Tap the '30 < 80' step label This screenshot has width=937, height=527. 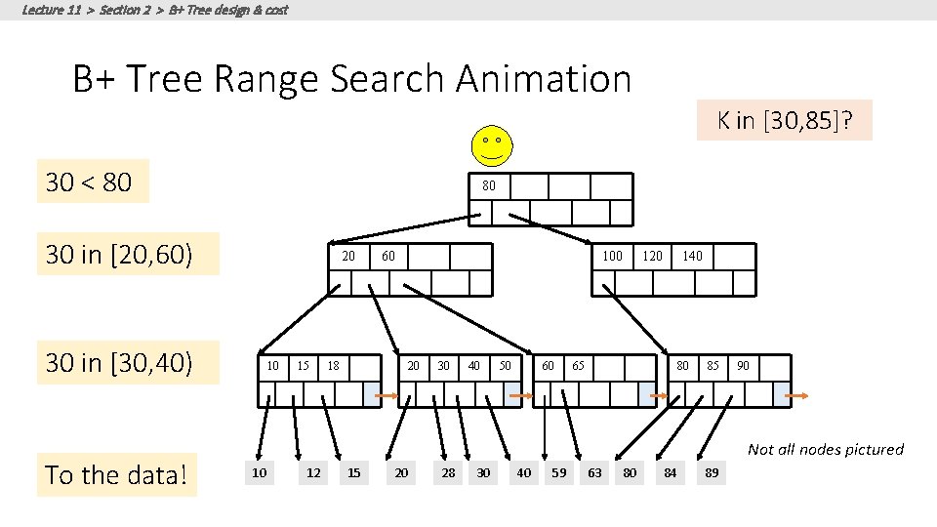(x=89, y=182)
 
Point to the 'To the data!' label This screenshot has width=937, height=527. (x=116, y=475)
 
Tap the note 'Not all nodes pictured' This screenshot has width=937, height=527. (x=825, y=449)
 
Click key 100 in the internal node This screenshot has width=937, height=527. (x=612, y=256)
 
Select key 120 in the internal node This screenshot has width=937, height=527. (x=652, y=256)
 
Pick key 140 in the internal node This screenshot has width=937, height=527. (x=692, y=256)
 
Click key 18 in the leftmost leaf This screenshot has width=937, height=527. (x=334, y=366)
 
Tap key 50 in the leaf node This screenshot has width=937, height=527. (x=505, y=366)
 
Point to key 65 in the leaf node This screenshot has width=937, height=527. (x=578, y=366)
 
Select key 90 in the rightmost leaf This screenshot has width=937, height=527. (x=744, y=366)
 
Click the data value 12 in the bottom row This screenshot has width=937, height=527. (x=313, y=473)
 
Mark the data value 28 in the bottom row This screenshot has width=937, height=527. (x=448, y=473)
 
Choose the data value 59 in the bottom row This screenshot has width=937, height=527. (x=558, y=473)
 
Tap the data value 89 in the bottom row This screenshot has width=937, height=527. (x=713, y=473)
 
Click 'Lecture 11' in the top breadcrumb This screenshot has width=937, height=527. (x=51, y=10)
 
